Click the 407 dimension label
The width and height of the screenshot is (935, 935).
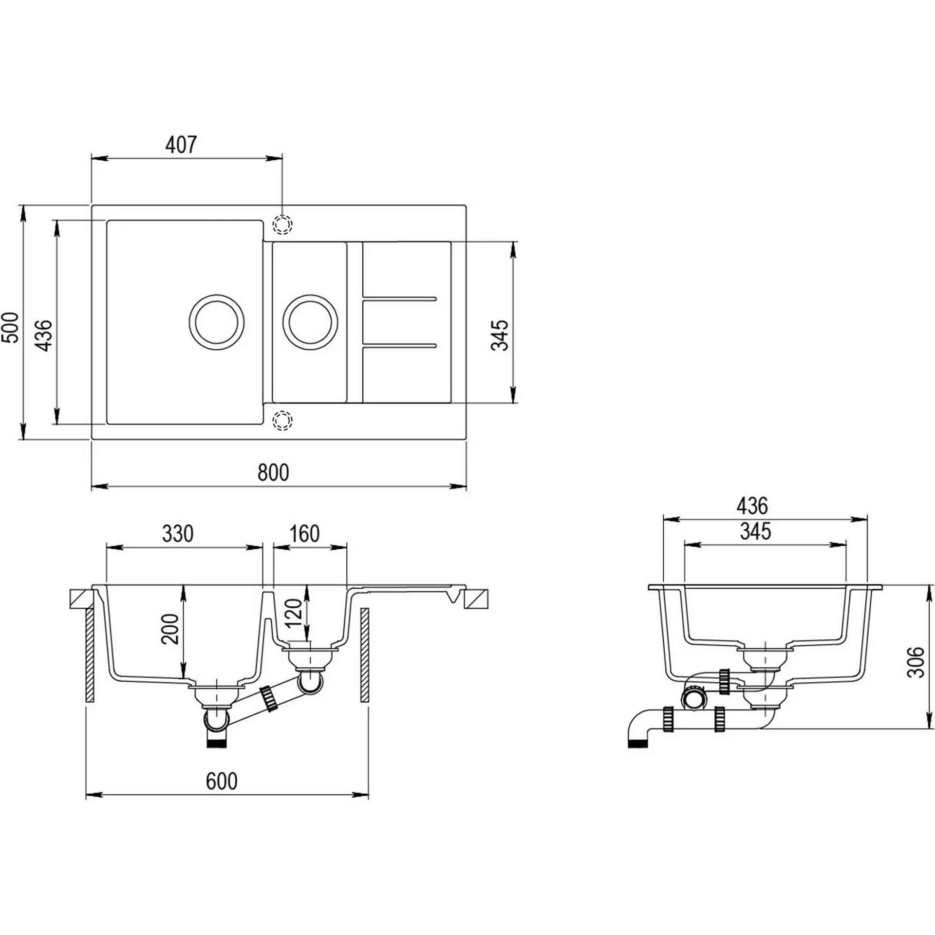click(x=181, y=145)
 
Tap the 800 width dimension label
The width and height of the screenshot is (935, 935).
click(x=273, y=472)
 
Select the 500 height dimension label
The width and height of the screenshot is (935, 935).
click(x=11, y=327)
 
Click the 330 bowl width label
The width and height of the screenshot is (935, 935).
click(x=178, y=534)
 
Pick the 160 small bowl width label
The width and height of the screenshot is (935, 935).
click(x=304, y=534)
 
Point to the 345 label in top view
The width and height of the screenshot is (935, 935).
click(x=500, y=335)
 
